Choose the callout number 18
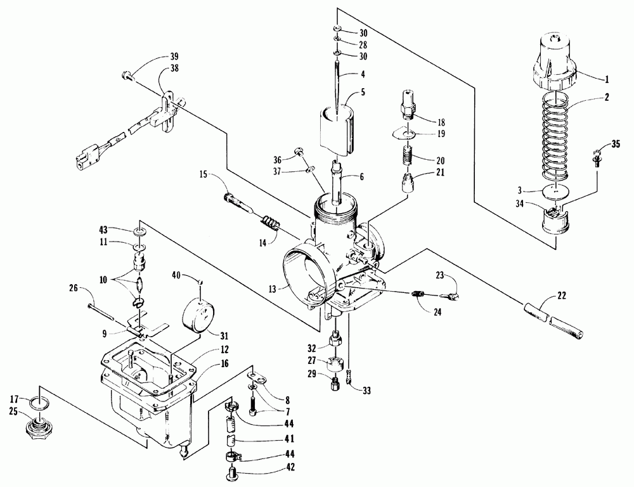441,121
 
